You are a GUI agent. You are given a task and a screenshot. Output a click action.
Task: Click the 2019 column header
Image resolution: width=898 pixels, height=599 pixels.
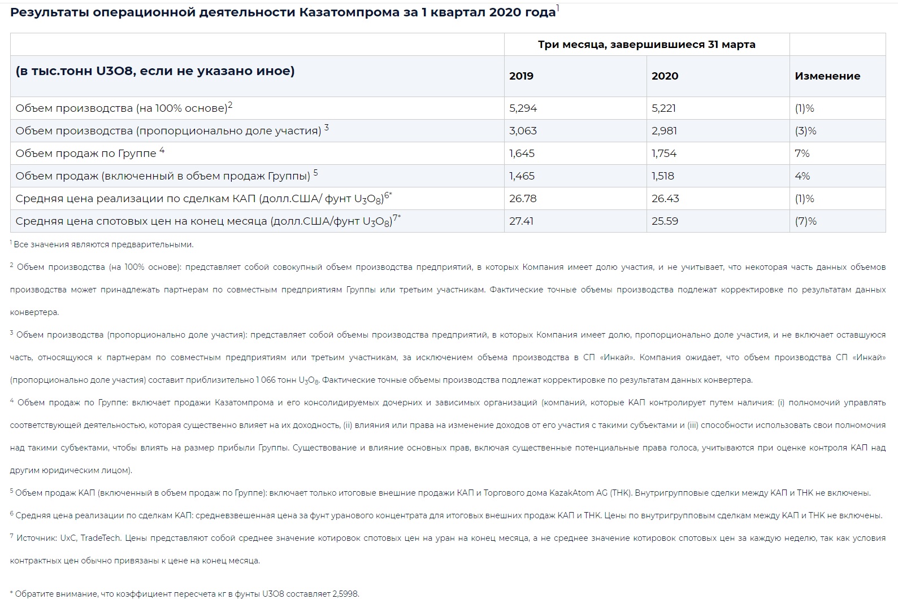click(x=521, y=76)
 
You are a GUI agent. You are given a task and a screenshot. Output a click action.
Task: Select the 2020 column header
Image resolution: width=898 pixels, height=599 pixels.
click(x=665, y=76)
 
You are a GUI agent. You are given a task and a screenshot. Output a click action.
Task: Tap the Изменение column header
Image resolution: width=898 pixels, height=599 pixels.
click(x=827, y=76)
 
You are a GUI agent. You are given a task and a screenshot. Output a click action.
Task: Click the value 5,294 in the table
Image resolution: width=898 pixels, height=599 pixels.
click(x=523, y=108)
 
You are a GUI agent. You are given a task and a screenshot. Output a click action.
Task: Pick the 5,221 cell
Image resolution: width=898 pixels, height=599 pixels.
click(x=663, y=108)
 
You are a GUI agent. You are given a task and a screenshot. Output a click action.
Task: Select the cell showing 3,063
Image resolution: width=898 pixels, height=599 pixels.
click(x=523, y=131)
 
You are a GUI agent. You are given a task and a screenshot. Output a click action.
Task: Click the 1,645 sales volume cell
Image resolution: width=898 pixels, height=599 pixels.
click(x=522, y=154)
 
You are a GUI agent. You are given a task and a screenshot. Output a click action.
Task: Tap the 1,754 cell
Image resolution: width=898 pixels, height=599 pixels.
click(x=664, y=154)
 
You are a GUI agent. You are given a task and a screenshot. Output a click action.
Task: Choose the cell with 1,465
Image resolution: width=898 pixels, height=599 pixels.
click(x=522, y=176)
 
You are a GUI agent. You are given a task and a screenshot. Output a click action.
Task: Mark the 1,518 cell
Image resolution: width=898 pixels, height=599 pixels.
click(x=663, y=176)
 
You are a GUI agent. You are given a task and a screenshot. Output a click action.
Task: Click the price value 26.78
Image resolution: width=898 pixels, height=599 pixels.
click(x=523, y=199)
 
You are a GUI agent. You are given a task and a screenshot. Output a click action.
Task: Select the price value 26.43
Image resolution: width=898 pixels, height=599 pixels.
click(x=665, y=199)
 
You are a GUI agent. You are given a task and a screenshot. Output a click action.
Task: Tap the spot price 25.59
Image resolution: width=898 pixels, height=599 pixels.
click(x=665, y=221)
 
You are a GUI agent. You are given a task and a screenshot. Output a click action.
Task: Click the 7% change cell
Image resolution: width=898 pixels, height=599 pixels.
click(x=802, y=154)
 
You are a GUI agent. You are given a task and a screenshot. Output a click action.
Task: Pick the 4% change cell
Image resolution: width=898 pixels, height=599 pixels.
click(x=802, y=176)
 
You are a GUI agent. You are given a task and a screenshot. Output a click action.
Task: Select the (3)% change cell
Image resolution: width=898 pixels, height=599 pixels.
click(x=805, y=131)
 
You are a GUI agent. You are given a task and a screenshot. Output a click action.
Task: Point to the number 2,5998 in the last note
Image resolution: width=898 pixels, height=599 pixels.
click(x=345, y=594)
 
